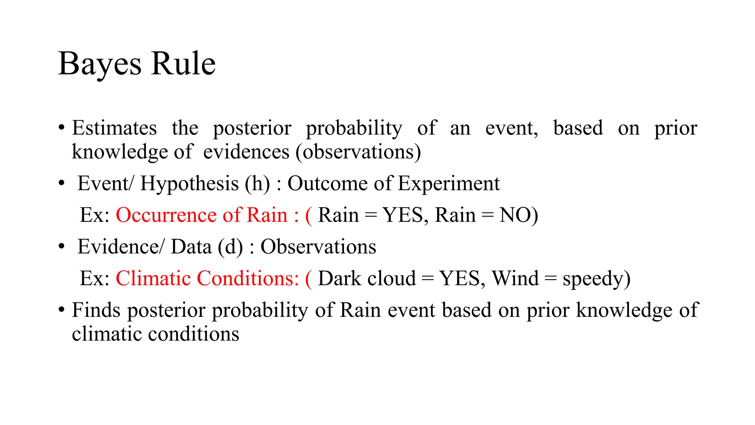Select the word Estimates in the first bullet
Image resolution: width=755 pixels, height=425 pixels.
click(x=114, y=128)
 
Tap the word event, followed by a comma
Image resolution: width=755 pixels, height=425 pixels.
click(x=511, y=128)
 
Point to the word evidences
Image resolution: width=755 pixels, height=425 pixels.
click(x=246, y=152)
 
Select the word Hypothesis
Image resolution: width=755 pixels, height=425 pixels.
click(x=189, y=184)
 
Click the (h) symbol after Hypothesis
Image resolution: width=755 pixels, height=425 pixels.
click(x=257, y=184)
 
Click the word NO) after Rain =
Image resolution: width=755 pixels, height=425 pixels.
click(x=518, y=215)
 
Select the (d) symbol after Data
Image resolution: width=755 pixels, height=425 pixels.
click(x=230, y=247)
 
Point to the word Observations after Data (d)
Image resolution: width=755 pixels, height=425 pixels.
click(x=318, y=247)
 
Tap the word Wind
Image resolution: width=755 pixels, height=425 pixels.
click(x=515, y=279)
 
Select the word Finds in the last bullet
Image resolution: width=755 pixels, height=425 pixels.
click(x=96, y=310)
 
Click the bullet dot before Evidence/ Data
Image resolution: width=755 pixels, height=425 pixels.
click(x=62, y=247)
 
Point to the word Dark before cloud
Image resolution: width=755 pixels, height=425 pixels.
click(x=340, y=279)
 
